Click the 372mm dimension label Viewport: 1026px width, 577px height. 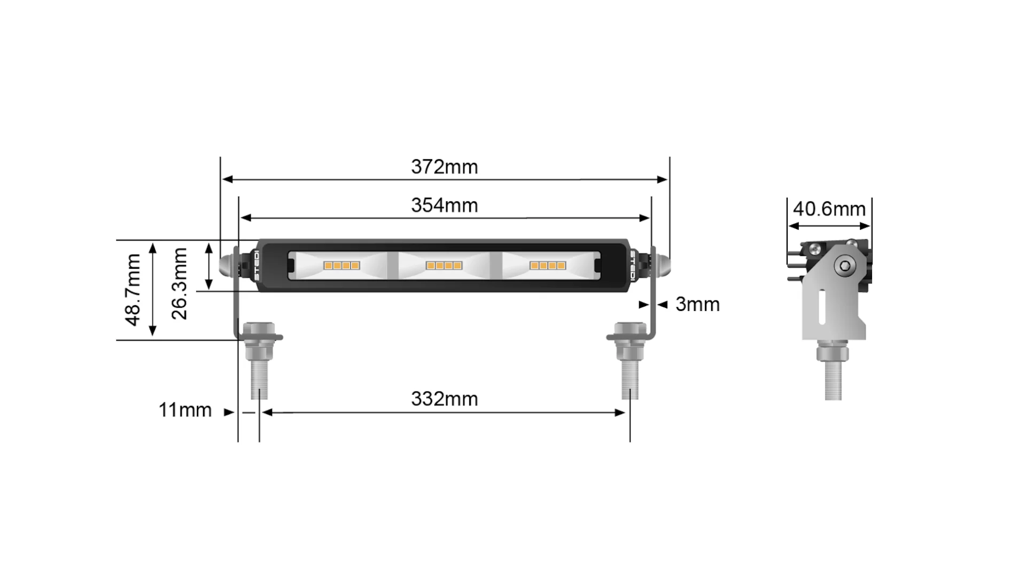point(444,167)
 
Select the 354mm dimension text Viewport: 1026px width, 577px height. point(444,206)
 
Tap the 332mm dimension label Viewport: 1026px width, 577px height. point(444,399)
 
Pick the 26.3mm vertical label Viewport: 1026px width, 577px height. point(180,284)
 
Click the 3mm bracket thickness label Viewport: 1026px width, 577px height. point(697,305)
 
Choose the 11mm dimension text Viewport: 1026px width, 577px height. point(185,410)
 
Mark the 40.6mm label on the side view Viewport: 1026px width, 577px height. point(829,209)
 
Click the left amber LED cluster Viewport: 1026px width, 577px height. point(341,266)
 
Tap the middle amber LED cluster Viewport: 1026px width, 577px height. point(444,266)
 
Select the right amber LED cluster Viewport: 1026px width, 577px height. point(547,266)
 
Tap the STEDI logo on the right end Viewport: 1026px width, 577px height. point(633,266)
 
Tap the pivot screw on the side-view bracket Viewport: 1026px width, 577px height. point(845,266)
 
